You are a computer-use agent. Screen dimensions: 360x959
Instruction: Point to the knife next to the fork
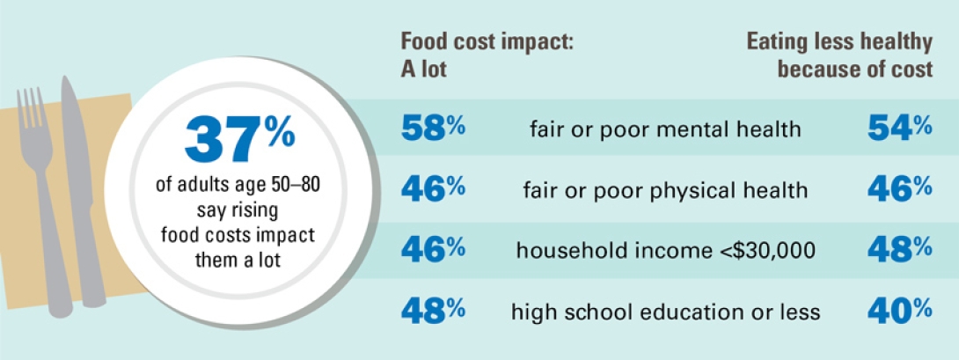tap(79, 176)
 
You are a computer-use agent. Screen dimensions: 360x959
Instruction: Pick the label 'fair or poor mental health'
tap(665, 130)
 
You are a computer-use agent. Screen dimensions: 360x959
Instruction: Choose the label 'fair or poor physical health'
tap(665, 190)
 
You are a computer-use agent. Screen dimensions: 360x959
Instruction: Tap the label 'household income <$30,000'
tap(665, 251)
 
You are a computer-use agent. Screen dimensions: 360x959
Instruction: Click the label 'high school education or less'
tap(665, 311)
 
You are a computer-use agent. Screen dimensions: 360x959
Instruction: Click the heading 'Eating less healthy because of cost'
tap(839, 55)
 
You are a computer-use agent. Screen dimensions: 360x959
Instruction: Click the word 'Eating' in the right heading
tap(778, 40)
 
